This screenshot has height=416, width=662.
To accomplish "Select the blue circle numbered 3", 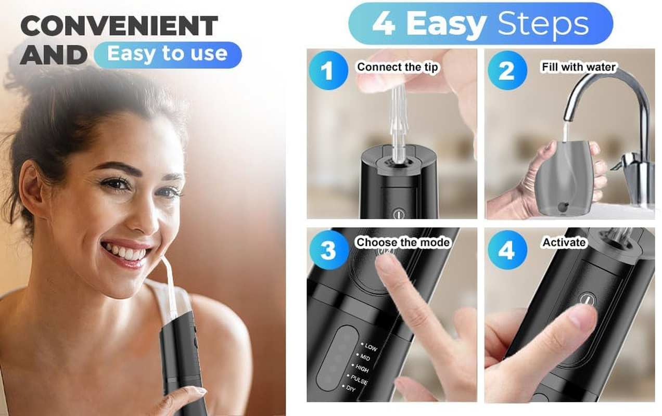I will coord(328,250).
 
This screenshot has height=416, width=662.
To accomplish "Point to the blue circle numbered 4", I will coord(506,250).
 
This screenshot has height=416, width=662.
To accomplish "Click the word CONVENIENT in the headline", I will coord(119,26).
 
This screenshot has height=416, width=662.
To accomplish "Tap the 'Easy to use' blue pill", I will coord(168,54).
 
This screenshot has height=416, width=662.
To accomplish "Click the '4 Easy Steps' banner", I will coord(480,23).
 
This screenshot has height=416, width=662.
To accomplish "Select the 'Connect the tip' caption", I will coord(398,67).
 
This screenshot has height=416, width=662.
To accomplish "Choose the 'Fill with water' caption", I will coord(578,67).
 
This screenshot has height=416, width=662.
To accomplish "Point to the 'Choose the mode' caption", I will coord(402,242).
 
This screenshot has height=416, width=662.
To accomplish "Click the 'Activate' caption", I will coord(564,242).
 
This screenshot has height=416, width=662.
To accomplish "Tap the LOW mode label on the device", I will coord(371,347).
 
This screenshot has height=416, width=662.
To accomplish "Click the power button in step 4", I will coord(587,301).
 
